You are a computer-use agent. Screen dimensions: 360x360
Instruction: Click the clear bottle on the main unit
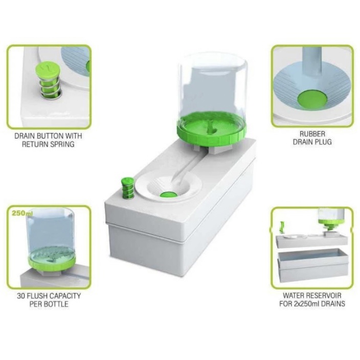pyautogui.click(x=213, y=92)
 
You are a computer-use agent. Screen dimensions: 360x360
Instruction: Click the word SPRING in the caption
pyautogui.click(x=62, y=144)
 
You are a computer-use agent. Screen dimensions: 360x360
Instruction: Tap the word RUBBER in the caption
pyautogui.click(x=312, y=134)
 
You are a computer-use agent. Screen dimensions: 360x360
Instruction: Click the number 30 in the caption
pyautogui.click(x=21, y=296)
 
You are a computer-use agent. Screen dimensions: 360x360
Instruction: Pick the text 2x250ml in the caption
pyautogui.click(x=306, y=304)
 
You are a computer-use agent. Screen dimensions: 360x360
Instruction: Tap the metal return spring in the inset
pyautogui.click(x=50, y=87)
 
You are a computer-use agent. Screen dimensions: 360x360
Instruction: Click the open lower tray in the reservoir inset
pyautogui.click(x=313, y=266)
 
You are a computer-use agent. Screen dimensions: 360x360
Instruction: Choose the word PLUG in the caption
pyautogui.click(x=323, y=142)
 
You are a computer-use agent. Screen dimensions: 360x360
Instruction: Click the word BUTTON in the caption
pyautogui.click(x=50, y=136)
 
